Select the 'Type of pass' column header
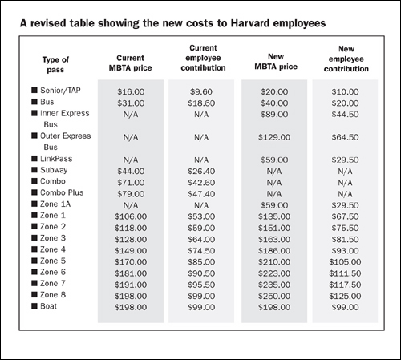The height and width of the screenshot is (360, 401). tap(56, 64)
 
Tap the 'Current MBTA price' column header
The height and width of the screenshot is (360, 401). tap(131, 64)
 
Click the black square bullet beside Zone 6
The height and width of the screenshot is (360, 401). tap(34, 273)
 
